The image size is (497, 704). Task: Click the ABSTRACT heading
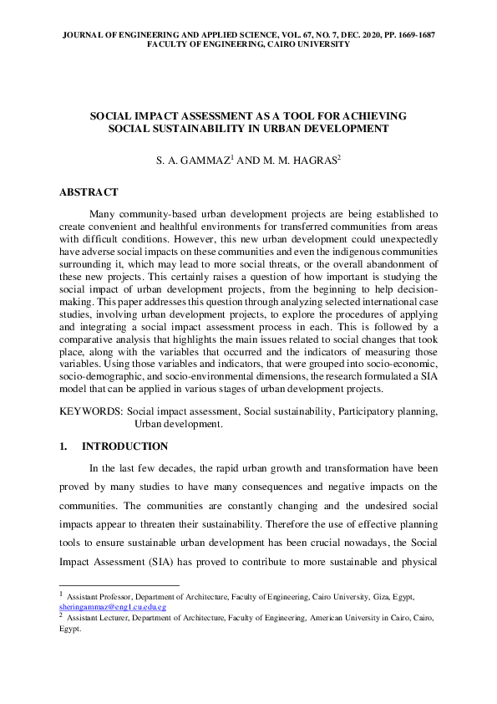click(x=89, y=192)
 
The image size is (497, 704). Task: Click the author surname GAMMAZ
click(x=205, y=158)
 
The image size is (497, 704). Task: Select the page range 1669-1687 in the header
click(x=403, y=34)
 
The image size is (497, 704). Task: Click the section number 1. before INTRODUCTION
click(x=63, y=446)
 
